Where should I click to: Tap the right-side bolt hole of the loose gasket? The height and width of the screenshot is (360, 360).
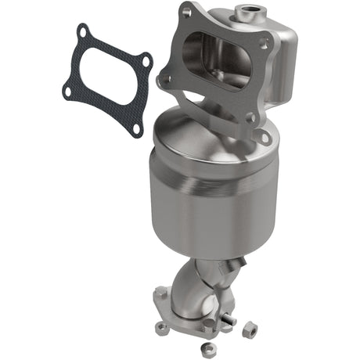(x=145, y=59)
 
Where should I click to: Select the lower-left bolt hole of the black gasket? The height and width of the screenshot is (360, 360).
(x=69, y=92)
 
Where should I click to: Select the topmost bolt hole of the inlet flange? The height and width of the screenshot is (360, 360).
(x=186, y=13)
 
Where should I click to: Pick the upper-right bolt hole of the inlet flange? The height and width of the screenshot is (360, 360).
(x=265, y=44)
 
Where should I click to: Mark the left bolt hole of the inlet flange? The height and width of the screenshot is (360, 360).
(x=164, y=78)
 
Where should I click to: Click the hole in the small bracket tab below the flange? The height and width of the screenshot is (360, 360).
(x=264, y=137)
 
